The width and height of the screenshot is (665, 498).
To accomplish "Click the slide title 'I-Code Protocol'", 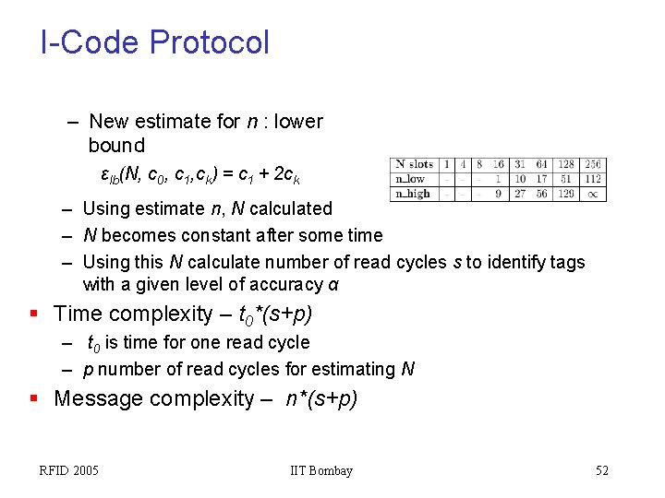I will (155, 42).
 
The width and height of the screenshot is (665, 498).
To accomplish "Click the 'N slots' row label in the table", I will (413, 164).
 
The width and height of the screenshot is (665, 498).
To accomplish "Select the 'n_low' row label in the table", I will (410, 179).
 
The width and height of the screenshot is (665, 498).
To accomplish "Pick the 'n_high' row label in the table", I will (412, 194).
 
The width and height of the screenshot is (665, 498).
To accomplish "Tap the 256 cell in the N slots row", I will (592, 164).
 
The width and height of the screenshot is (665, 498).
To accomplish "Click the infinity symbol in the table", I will (592, 194).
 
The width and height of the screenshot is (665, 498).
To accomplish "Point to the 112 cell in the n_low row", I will (592, 179).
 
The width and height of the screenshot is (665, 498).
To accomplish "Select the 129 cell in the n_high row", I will (565, 194).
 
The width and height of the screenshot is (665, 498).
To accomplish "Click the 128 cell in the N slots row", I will (565, 164).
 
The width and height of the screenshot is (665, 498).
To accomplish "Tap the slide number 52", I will (602, 471).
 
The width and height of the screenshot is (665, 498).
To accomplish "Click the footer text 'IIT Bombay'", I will (321, 471).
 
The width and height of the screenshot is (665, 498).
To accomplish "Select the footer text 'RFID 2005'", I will (69, 471).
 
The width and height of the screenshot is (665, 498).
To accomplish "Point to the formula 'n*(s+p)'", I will (314, 399).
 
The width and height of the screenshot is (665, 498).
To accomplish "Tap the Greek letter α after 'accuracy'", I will (333, 285).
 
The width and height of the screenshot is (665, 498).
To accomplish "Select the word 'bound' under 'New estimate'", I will (116, 145).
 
